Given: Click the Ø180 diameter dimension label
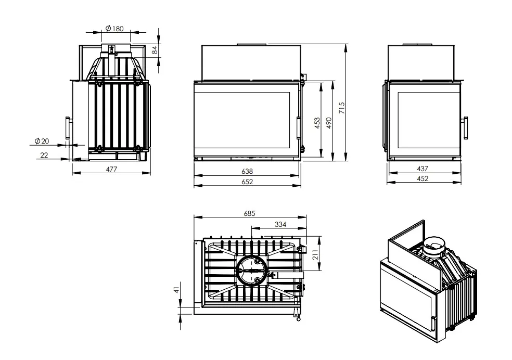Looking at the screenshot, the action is tap(114, 29).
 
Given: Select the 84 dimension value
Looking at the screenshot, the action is tap(155, 50).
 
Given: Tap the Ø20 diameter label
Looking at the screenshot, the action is tap(42, 141).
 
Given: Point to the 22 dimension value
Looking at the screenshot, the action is tap(44, 155).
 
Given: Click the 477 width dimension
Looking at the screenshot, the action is tap(111, 169).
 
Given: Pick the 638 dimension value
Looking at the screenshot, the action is tap(247, 171).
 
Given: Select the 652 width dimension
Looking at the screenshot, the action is tap(247, 182).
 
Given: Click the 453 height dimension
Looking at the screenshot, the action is tap(317, 123).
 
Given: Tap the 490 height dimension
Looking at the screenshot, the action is tap(329, 123).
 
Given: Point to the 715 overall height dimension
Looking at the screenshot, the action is tap(342, 108).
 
